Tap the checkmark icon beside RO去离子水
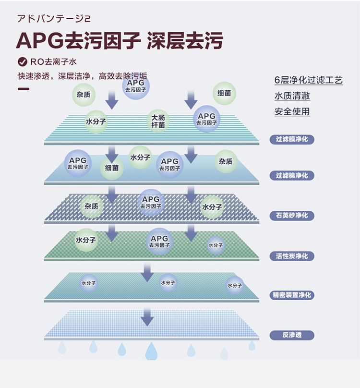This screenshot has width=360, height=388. click(22, 61)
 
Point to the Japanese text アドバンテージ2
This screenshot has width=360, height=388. click(53, 19)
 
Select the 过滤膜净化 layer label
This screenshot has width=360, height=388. click(292, 139)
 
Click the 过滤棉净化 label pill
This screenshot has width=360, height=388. click(292, 176)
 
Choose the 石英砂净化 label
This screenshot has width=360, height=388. click(292, 216)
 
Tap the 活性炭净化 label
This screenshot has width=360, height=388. click(292, 256)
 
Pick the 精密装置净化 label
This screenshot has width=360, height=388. click(292, 295)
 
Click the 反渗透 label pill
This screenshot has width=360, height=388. click(292, 335)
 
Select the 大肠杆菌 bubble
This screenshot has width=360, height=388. click(158, 121)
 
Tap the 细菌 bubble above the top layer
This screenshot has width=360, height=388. click(224, 93)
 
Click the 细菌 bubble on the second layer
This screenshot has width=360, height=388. click(112, 169)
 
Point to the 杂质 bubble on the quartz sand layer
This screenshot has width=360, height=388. click(91, 206)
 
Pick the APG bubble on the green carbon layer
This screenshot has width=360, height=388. click(159, 242)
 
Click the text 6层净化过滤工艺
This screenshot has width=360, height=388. click(309, 80)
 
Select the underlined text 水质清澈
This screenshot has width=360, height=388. click(292, 96)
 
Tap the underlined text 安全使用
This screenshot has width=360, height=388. click(292, 112)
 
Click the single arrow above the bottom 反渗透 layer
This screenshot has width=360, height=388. click(147, 317)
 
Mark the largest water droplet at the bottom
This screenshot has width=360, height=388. click(151, 351)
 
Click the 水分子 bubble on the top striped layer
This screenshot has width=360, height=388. click(96, 121)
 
